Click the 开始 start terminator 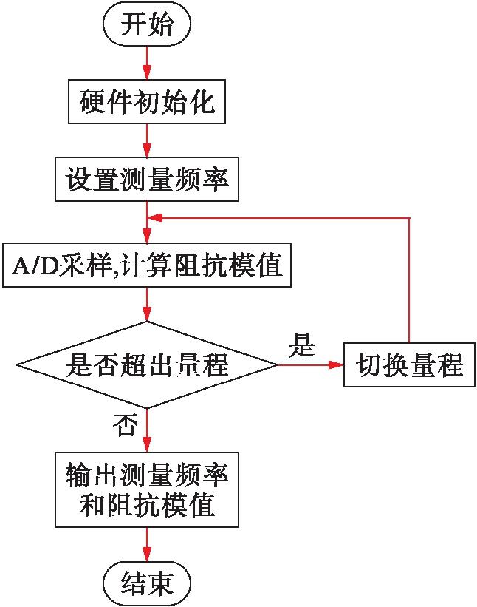click(148, 26)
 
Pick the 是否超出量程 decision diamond click(148, 364)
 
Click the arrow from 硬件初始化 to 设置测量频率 click(148, 140)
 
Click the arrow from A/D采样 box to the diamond click(148, 304)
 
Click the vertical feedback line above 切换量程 click(408, 281)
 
